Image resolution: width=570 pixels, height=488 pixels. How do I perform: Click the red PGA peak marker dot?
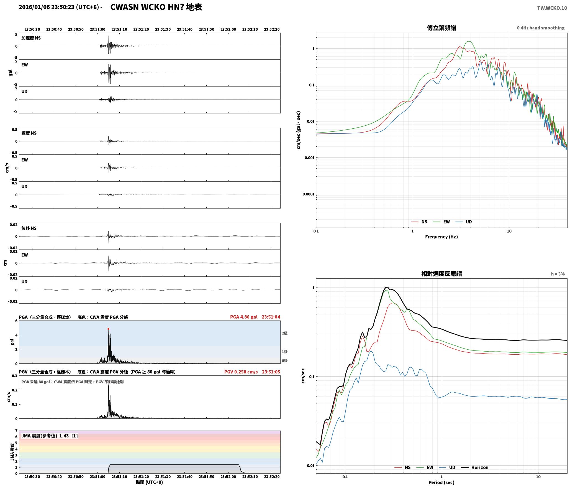click(x=108, y=329)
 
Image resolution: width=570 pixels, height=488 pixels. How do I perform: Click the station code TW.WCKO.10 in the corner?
click(x=552, y=8)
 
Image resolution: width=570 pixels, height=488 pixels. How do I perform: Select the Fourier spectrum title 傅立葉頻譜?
click(x=441, y=28)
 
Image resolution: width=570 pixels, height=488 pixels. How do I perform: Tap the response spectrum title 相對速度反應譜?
click(x=441, y=274)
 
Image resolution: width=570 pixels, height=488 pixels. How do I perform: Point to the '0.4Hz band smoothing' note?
click(x=541, y=28)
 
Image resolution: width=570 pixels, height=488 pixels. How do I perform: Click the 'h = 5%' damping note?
click(x=558, y=274)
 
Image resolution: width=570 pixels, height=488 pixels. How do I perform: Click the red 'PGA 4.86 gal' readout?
click(x=244, y=317)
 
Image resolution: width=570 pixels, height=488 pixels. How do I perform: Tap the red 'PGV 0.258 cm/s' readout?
click(x=241, y=372)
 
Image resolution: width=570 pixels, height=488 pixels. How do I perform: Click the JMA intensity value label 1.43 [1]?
click(x=68, y=436)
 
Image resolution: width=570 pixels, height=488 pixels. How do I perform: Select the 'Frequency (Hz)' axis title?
click(x=441, y=237)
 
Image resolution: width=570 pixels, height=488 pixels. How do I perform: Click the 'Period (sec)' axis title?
click(x=441, y=482)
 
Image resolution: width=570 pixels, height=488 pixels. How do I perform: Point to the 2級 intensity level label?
click(x=285, y=333)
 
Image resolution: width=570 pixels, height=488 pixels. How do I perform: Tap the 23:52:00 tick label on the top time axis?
click(x=228, y=29)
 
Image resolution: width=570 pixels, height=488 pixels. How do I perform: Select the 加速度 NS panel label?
click(x=31, y=38)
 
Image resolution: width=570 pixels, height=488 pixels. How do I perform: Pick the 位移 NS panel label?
click(x=29, y=228)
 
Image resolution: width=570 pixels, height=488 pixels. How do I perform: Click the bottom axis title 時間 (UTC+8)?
click(x=150, y=482)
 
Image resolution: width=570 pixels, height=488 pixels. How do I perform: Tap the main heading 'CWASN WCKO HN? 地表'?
click(x=156, y=7)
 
